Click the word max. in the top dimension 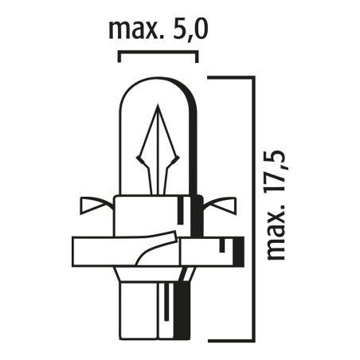click(x=133, y=31)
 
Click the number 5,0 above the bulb click(x=190, y=30)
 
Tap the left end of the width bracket click(x=119, y=57)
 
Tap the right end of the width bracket click(x=197, y=57)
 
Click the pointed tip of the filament click(x=158, y=104)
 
